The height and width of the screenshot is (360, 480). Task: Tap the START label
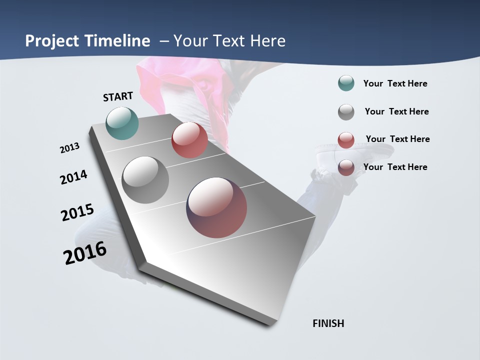coord(118,96)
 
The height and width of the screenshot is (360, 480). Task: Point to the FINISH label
coord(328,323)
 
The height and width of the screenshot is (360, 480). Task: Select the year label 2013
coord(70,148)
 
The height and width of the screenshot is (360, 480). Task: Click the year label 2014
coord(74,177)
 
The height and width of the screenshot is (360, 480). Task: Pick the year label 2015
coord(77,212)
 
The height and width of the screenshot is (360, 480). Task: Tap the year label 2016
coord(85,253)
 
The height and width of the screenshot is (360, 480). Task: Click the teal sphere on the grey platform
coord(122,123)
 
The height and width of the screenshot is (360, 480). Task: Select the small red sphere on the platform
coord(189,140)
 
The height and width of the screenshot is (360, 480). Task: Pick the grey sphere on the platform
coord(145,180)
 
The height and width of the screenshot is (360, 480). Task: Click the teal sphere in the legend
coord(346,83)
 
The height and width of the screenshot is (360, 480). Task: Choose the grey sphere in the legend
coord(346,112)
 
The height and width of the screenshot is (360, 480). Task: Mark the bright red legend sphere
coord(346,140)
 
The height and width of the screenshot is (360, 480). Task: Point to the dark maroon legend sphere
coord(346,167)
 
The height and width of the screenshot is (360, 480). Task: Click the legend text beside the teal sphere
coord(395,83)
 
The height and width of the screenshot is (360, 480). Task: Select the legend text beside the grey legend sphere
coord(397,111)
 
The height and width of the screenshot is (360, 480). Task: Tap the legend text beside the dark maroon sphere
coord(395,167)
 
